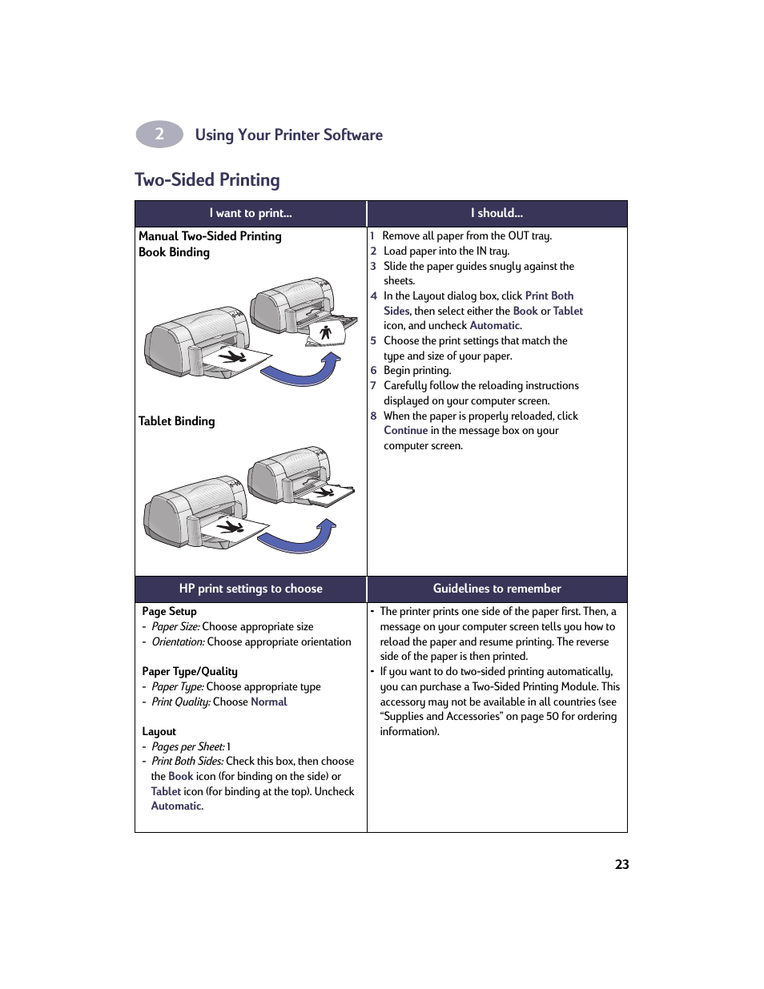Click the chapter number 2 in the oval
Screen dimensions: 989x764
pos(159,134)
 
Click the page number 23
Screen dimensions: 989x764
pos(621,864)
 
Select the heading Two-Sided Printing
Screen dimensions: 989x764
pos(207,179)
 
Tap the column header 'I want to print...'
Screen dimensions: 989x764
pos(251,213)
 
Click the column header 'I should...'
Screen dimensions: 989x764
pos(497,213)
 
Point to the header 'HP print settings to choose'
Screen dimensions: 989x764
pos(251,589)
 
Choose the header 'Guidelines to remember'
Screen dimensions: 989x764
pos(497,589)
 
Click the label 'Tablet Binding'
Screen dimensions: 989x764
pos(176,421)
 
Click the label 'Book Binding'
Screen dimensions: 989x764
pos(174,252)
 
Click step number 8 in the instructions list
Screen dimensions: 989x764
pos(373,416)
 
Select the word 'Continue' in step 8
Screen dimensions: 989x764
pos(405,431)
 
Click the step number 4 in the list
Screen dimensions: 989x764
pos(373,295)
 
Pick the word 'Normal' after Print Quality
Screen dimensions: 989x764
pos(268,702)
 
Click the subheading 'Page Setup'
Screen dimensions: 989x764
pos(169,611)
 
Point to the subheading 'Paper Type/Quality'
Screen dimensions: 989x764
pos(190,671)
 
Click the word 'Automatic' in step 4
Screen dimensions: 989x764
pos(495,325)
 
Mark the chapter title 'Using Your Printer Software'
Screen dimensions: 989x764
pos(288,135)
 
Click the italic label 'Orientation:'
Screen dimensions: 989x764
pos(178,641)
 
